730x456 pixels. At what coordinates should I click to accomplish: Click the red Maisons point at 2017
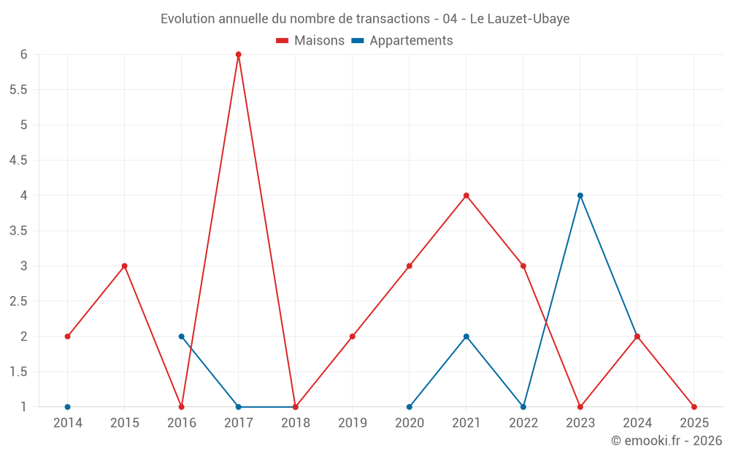coord(239,55)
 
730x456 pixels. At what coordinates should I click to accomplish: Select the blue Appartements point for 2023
coord(580,196)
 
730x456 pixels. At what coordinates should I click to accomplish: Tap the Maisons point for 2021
coord(466,196)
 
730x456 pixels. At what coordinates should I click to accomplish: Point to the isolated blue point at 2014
coord(67,407)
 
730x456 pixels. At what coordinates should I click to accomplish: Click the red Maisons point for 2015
coord(124,266)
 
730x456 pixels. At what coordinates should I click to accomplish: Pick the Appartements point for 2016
coord(181,336)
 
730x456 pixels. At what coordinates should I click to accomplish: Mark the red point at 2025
coord(694,407)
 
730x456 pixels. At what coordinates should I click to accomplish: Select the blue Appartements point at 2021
coord(466,336)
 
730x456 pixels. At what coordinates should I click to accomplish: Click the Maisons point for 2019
coord(353,336)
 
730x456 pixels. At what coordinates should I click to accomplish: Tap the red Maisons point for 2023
coord(580,407)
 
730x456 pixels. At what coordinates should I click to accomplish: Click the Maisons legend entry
coord(310,41)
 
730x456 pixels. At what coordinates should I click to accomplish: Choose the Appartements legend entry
coord(402,41)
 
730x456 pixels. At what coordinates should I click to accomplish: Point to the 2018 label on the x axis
coord(296,422)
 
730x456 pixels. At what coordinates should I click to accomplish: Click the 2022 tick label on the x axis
coord(523,422)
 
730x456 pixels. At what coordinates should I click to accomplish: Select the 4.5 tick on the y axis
coord(18,161)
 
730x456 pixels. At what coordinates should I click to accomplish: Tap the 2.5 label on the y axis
coord(18,301)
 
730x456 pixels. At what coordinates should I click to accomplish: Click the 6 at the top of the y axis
coord(24,55)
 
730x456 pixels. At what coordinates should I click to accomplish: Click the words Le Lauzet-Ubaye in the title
coord(519,19)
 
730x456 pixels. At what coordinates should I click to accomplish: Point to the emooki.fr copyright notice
coord(666,441)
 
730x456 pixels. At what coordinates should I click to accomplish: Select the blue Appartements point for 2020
coord(410,407)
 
